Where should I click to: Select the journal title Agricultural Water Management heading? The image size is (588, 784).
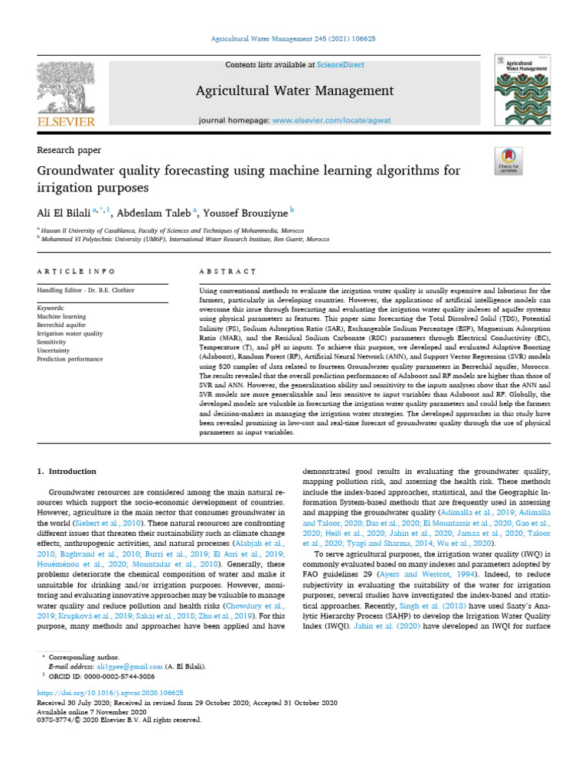click(x=295, y=91)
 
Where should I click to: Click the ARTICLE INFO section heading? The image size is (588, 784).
click(x=77, y=271)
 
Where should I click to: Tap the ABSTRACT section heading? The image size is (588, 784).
click(x=227, y=271)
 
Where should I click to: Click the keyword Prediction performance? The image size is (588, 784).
click(x=73, y=359)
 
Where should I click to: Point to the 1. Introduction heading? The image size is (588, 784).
click(x=67, y=471)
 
